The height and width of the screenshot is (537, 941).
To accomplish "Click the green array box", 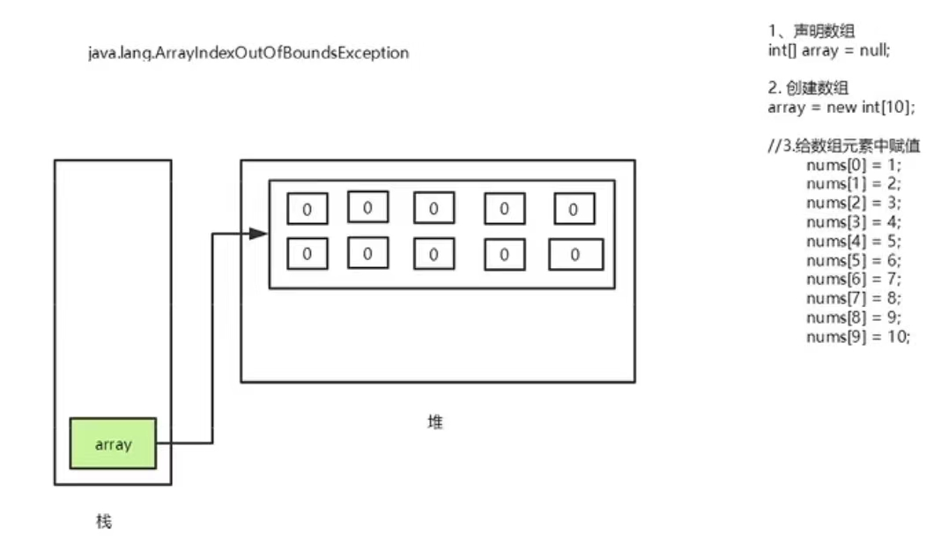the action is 113,444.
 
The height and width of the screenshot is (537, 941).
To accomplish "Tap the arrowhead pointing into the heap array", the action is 258,234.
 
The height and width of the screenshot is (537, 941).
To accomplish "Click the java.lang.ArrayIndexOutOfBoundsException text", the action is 248,53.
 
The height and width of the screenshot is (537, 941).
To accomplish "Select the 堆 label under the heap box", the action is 435,422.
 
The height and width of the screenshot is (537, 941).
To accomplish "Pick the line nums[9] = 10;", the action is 856,337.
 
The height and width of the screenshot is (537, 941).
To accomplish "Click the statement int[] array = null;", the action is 829,50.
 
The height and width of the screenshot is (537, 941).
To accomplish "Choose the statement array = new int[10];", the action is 841,108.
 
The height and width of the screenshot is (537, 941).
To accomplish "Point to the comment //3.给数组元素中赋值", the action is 844,145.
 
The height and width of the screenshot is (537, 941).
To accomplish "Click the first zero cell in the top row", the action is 307,209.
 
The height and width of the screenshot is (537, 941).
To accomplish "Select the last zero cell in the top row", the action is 574,209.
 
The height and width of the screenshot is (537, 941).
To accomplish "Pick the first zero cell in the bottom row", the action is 307,254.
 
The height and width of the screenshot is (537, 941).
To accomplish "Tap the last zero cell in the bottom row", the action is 575,255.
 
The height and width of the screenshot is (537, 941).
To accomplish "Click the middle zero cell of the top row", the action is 433,209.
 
